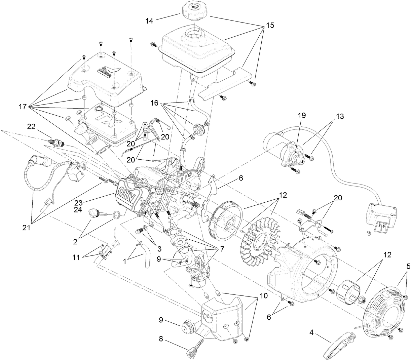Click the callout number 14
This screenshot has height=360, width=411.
(x=149, y=21)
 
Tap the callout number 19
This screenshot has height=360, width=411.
(x=302, y=116)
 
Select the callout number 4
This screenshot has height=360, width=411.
(x=311, y=333)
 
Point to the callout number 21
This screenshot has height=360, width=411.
(x=27, y=228)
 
